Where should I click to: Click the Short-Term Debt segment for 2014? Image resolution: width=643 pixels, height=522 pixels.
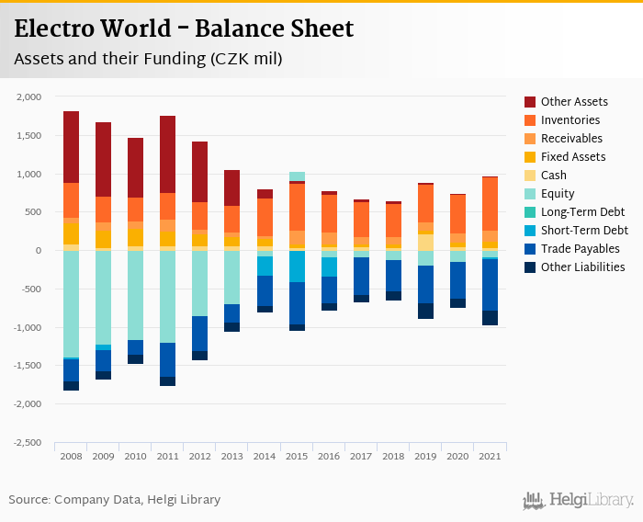tap(265, 266)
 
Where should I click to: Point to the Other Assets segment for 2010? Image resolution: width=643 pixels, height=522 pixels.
tap(135, 167)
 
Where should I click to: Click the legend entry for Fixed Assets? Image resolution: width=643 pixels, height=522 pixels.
tap(572, 157)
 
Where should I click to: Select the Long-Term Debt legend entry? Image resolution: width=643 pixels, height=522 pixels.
tap(583, 212)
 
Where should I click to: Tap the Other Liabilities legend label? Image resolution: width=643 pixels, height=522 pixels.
tap(582, 267)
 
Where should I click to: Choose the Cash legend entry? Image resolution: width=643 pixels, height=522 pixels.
tap(554, 176)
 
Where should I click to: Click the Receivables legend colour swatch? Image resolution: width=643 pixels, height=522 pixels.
tap(530, 139)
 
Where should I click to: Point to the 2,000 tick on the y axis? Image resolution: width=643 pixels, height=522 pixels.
tap(29, 96)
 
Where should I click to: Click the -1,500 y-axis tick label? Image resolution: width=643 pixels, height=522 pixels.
tap(28, 366)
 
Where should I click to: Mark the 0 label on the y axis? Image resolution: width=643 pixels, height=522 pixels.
tap(39, 251)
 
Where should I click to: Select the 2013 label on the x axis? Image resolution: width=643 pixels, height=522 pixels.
tap(232, 456)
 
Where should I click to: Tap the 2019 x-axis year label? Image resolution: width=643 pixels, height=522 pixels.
tap(425, 456)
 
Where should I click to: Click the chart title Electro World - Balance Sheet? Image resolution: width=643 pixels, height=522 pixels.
tap(184, 29)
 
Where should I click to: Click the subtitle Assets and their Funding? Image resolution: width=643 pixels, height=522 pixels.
tap(147, 59)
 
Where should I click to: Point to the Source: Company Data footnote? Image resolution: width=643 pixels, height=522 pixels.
tap(115, 500)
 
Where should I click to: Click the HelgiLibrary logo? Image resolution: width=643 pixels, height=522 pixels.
tap(579, 500)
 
